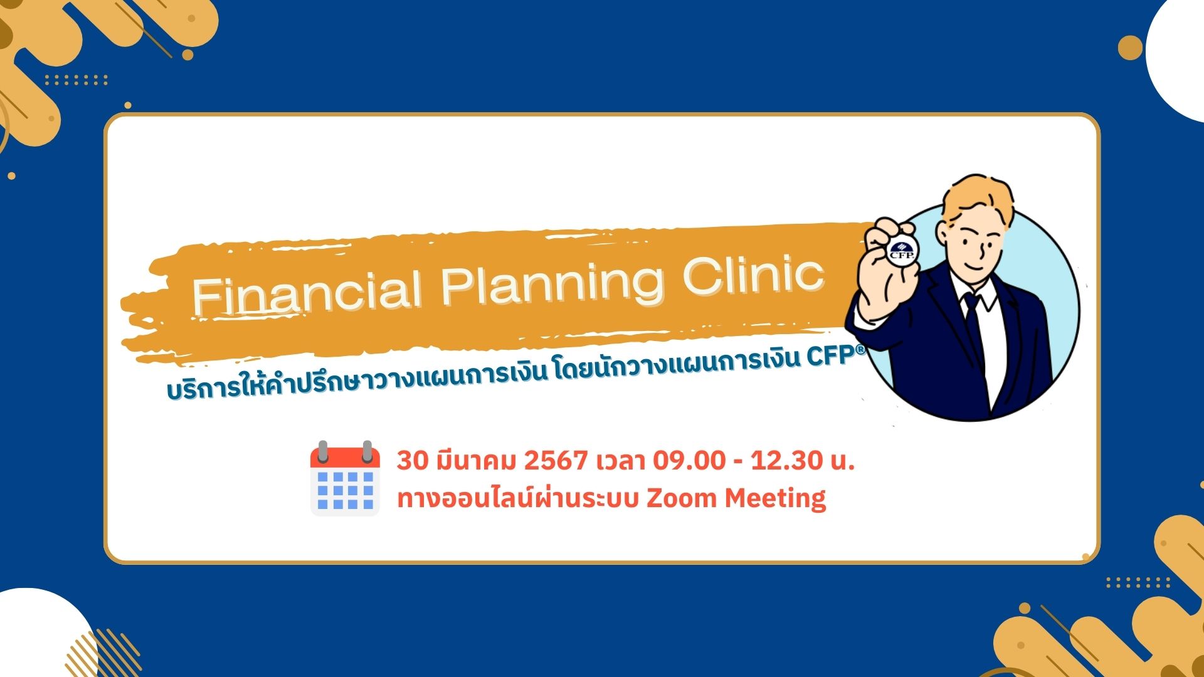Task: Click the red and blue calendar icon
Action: pos(345,478)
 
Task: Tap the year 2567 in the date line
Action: pos(555,461)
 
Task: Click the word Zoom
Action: pos(681,498)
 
